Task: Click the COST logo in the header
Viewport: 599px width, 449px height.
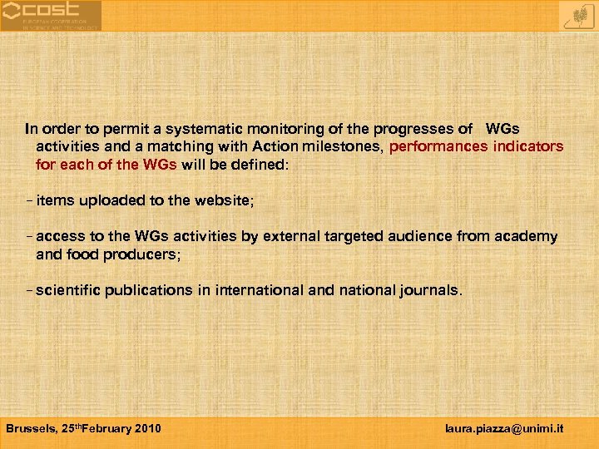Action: click(51, 15)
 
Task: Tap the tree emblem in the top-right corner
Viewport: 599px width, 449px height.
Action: click(577, 15)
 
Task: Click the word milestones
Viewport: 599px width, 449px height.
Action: click(341, 146)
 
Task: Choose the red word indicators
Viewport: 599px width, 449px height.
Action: click(528, 146)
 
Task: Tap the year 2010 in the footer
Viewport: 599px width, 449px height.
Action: click(146, 428)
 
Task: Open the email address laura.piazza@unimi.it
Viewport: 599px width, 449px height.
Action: click(504, 428)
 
